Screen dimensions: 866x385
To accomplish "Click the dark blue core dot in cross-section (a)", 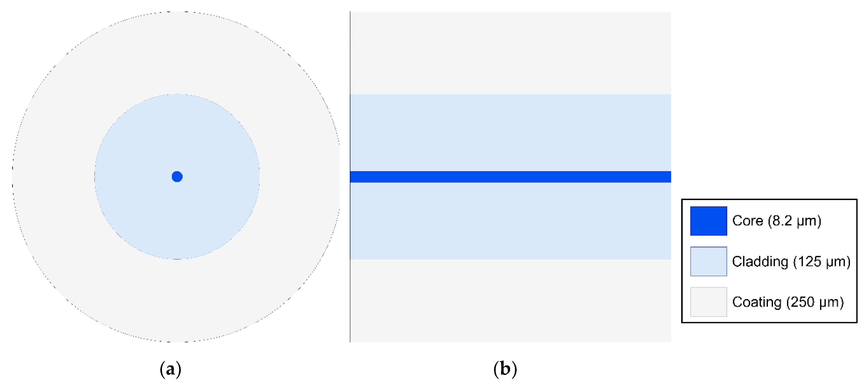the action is (177, 177).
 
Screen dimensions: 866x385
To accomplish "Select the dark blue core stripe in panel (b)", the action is (510, 177).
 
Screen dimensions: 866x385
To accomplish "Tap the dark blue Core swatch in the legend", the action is (708, 221).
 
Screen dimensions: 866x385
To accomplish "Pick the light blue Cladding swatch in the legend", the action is (708, 261).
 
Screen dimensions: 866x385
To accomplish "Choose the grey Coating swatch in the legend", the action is (708, 302).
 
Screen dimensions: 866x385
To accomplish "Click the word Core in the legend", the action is (747, 221).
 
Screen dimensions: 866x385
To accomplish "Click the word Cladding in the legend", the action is (760, 262).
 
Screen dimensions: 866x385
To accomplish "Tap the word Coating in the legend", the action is (756, 302).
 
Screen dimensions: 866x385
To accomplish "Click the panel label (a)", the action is (170, 369).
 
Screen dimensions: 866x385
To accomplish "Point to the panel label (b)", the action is (505, 369).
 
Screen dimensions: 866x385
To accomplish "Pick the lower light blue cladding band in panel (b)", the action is (510, 221).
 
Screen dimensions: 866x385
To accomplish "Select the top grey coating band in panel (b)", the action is (510, 53).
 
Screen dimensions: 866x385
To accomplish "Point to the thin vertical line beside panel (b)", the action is (350, 177).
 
